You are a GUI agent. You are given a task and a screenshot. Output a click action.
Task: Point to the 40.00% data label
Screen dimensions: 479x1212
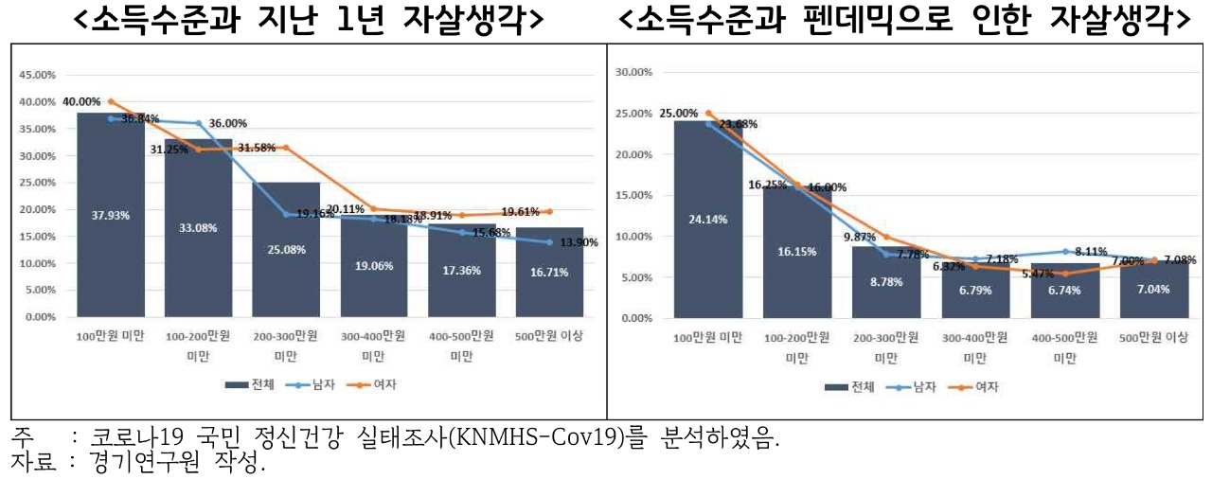click(81, 101)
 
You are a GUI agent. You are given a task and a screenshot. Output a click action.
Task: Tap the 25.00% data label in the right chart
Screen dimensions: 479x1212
click(679, 113)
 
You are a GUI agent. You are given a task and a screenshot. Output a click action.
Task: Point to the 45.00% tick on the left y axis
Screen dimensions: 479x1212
click(38, 74)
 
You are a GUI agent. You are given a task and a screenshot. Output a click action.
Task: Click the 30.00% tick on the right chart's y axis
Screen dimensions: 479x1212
click(634, 72)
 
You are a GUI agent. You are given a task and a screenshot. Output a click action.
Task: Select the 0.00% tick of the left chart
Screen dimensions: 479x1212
click(41, 317)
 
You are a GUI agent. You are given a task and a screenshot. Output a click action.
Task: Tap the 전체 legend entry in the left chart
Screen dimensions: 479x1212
click(252, 384)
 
